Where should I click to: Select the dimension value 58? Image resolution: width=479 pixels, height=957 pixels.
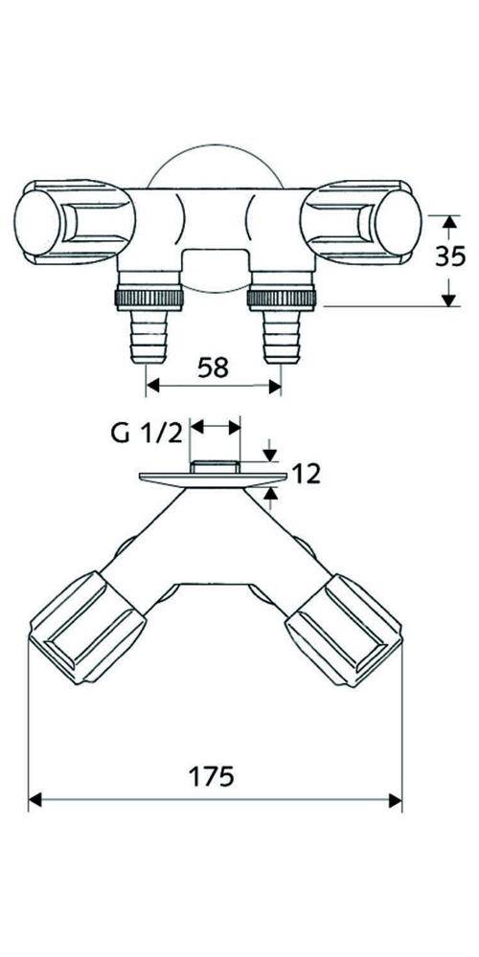tap(214, 367)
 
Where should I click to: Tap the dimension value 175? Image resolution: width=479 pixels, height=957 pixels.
tap(215, 776)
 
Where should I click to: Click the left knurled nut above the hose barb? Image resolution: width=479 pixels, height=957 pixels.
tap(149, 296)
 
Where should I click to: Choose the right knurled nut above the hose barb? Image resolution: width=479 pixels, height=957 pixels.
tap(280, 296)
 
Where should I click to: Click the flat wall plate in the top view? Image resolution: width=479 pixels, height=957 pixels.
tap(213, 477)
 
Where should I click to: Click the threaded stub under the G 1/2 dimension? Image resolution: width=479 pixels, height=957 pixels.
tap(215, 466)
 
